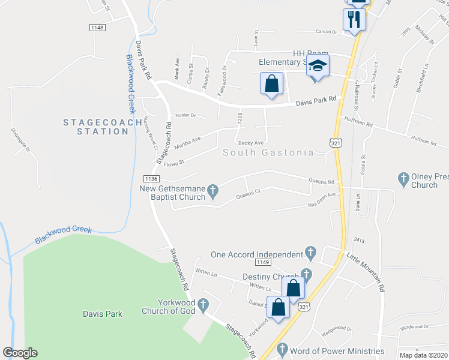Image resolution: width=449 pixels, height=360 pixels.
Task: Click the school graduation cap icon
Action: [x=318, y=67]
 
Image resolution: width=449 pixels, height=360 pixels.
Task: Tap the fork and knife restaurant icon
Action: [x=354, y=19]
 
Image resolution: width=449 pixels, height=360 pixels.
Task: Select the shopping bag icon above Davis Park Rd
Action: [x=271, y=83]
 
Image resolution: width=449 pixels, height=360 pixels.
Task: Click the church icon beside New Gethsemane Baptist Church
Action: [x=212, y=192]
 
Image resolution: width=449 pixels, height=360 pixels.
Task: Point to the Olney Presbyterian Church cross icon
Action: [x=403, y=178]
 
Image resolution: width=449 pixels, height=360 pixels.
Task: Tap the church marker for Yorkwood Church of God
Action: [x=202, y=305]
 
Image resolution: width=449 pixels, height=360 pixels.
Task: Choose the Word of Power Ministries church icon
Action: [x=282, y=349]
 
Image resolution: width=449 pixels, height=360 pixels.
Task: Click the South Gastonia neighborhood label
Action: [x=268, y=152]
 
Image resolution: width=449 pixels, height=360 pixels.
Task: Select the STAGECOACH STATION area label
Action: [x=95, y=127]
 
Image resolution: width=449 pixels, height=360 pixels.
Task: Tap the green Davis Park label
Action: [x=102, y=313]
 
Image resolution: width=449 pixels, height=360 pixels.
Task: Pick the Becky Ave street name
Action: [x=251, y=143]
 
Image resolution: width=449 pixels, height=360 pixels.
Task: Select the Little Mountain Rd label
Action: [x=365, y=271]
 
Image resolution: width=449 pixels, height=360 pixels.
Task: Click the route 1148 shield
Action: [x=97, y=28]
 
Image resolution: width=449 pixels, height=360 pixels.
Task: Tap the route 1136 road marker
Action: [x=151, y=178]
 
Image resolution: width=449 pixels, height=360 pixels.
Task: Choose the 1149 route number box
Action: [x=262, y=262]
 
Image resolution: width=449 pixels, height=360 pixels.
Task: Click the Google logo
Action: [x=20, y=353]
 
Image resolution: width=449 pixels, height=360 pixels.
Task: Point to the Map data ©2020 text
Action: [x=423, y=355]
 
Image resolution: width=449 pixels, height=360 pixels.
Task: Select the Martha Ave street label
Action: [x=187, y=141]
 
